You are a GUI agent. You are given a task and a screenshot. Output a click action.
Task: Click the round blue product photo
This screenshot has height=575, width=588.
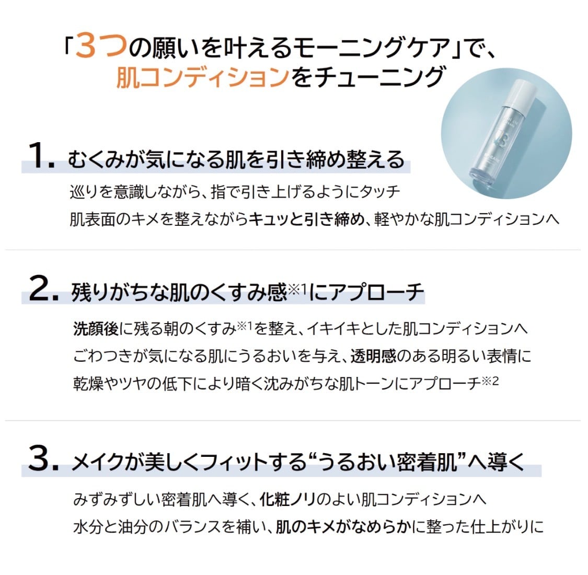click(506, 133)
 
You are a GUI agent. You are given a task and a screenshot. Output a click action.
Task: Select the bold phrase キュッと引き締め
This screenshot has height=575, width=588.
click(306, 219)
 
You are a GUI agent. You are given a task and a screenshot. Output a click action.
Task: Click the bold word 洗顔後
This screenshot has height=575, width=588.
click(96, 329)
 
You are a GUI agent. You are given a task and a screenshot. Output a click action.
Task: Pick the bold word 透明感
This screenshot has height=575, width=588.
click(374, 355)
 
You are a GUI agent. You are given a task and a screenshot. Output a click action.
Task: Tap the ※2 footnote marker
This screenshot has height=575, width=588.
click(490, 381)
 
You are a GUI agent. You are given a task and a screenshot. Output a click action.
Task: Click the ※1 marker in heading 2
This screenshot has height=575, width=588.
click(297, 289)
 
